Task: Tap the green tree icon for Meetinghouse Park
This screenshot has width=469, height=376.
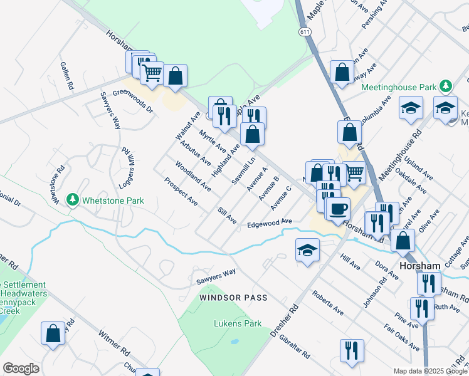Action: tap(446, 85)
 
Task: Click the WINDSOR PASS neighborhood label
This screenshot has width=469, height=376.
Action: tap(234, 298)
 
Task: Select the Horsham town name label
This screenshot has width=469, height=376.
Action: tap(420, 266)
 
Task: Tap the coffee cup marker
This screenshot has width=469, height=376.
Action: tap(338, 209)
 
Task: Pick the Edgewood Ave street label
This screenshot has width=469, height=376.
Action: tap(270, 223)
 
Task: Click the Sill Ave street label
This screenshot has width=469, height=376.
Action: tap(227, 216)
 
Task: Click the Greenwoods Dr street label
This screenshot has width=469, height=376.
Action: tap(133, 100)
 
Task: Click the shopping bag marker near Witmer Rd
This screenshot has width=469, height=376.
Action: tap(53, 333)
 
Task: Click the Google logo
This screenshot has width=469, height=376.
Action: tap(21, 368)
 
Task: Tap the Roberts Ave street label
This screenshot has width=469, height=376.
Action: tap(328, 302)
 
